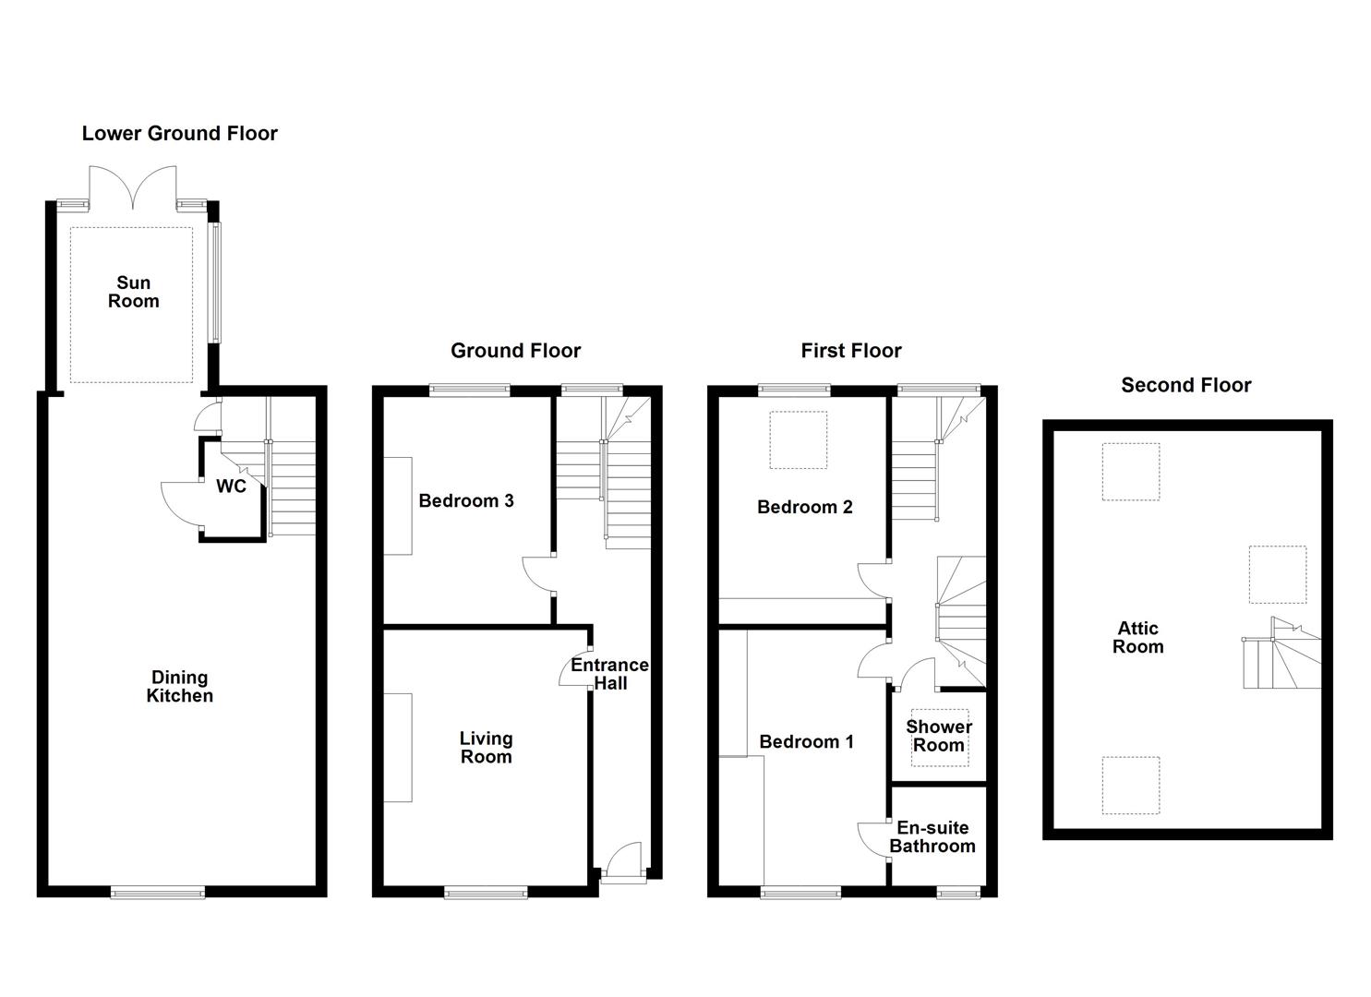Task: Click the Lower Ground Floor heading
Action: (x=179, y=134)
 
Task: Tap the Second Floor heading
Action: (x=1185, y=386)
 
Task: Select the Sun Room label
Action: (x=133, y=293)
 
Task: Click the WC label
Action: (x=231, y=486)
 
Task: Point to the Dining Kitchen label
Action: (x=179, y=687)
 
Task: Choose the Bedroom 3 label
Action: (x=465, y=501)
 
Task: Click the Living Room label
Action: (x=486, y=748)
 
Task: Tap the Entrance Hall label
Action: (x=609, y=674)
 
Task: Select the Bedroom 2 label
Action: (x=804, y=507)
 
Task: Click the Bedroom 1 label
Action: (x=806, y=742)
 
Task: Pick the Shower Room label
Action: (x=938, y=736)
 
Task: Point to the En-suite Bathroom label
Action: (x=932, y=837)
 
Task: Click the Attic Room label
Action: (x=1137, y=638)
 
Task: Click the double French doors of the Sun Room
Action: (x=133, y=187)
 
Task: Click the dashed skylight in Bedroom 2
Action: (x=799, y=440)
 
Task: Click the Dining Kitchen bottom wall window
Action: (x=158, y=892)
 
